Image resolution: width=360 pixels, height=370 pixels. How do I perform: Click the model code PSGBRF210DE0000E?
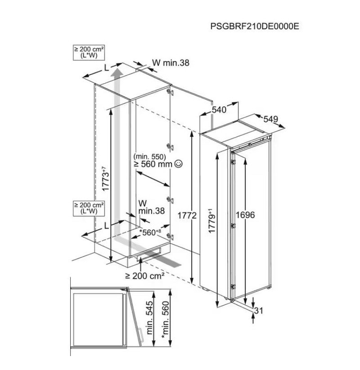tap(255, 26)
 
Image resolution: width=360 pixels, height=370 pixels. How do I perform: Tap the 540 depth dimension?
tap(219, 110)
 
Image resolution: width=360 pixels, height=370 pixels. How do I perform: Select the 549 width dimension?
tap(271, 119)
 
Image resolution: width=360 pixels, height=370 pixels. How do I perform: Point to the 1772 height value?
tap(187, 215)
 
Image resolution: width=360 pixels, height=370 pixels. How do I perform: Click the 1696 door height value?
tap(245, 215)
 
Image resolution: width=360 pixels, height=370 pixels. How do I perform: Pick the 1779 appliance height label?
tap(211, 221)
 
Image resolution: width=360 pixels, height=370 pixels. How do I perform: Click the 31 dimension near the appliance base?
tap(258, 311)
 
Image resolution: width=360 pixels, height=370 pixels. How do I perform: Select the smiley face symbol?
tap(178, 164)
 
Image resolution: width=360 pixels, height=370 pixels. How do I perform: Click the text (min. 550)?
tap(150, 156)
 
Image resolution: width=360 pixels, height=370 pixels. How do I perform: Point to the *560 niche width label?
tap(150, 232)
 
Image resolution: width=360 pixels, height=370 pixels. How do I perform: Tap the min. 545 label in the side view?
tap(149, 318)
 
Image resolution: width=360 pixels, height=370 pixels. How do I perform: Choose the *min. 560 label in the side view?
tap(166, 320)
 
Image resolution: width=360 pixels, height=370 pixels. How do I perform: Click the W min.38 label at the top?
tap(171, 63)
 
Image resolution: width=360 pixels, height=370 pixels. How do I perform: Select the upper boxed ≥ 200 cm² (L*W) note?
tap(89, 53)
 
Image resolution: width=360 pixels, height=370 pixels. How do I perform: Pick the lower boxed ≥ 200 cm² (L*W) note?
tap(89, 208)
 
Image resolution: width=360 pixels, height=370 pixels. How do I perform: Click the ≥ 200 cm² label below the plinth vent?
tap(144, 276)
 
